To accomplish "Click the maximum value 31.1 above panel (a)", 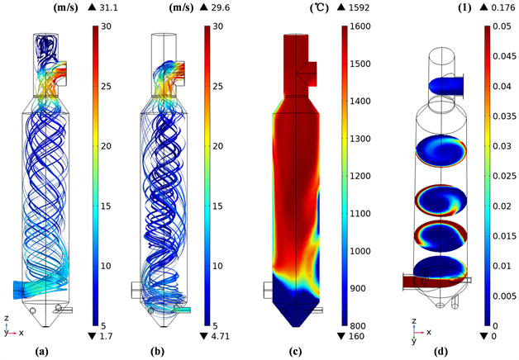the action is click(108, 7).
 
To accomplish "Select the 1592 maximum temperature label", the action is click(359, 7).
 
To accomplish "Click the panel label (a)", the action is click(43, 352).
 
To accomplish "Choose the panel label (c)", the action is click(294, 352).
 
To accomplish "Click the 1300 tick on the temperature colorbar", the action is click(360, 139).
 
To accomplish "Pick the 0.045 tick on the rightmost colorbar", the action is click(504, 56).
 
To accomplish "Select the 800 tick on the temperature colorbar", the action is click(358, 326).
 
